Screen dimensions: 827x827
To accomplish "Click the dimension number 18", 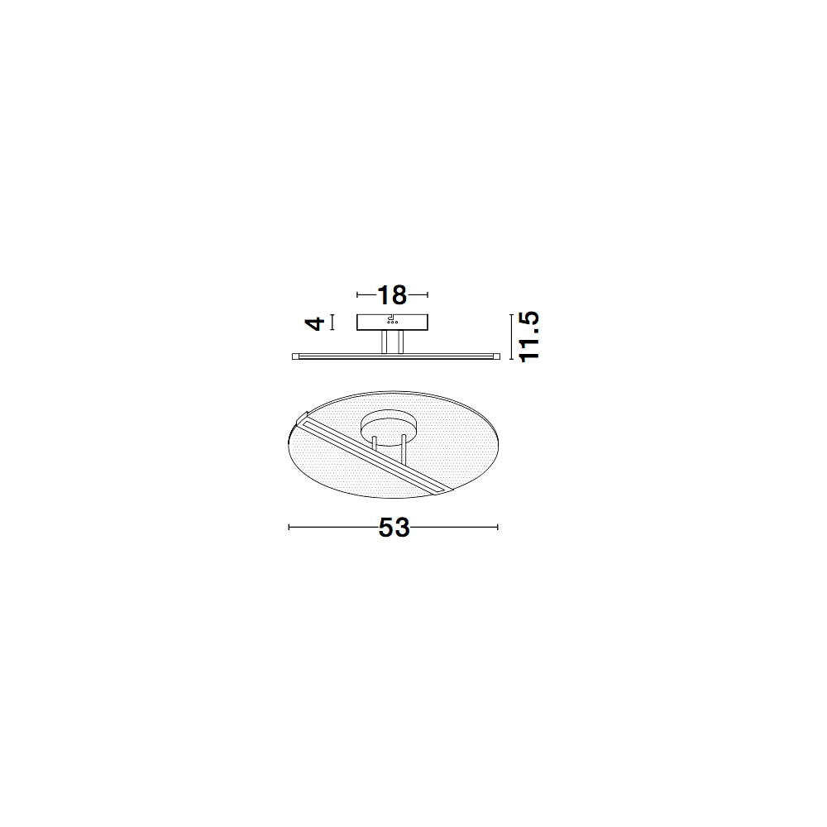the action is [x=393, y=295].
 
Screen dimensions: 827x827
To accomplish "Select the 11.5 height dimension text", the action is [x=529, y=336].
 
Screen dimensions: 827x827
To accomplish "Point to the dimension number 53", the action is [x=394, y=527].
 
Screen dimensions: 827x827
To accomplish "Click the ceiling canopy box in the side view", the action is [x=393, y=323].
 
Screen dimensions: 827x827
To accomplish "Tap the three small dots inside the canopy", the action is [x=393, y=323].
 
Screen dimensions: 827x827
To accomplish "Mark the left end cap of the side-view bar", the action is [x=295, y=356].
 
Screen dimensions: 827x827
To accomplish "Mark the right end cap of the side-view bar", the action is [x=496, y=356].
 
